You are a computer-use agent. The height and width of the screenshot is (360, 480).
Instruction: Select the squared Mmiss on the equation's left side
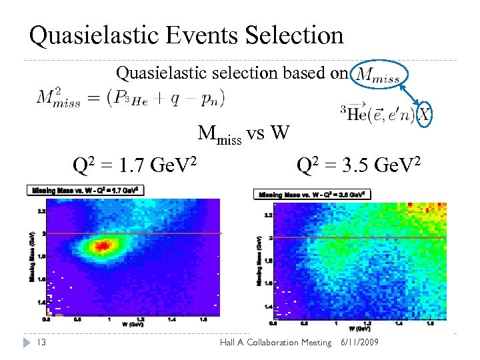(x=59, y=99)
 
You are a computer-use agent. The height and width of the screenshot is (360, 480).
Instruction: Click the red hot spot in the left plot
(x=102, y=246)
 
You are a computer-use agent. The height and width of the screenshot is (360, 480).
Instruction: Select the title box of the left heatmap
(x=85, y=190)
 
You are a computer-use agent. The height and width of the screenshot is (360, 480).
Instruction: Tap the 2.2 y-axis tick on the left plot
(x=41, y=211)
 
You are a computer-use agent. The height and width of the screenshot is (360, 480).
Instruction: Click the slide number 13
(x=41, y=342)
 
